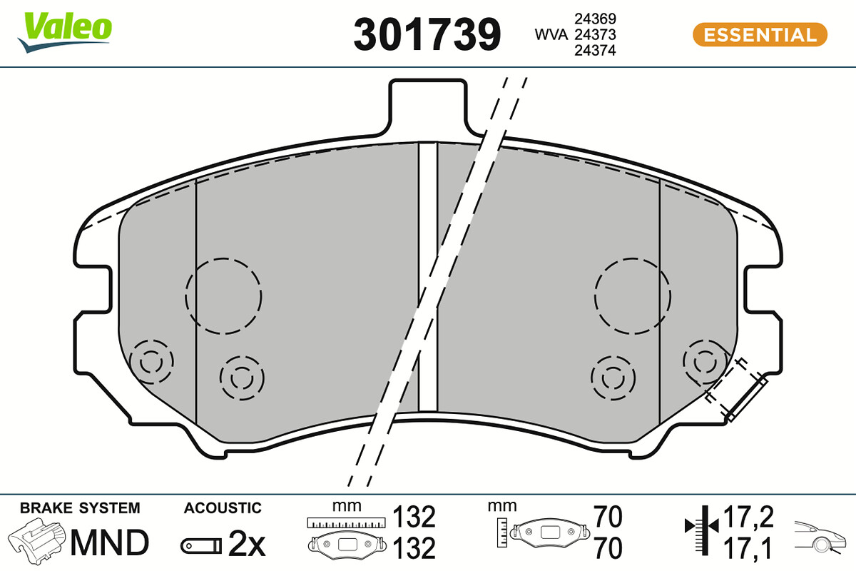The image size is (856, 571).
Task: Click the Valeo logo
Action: [65, 32]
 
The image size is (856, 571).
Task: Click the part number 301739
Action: [427, 34]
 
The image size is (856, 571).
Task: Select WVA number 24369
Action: [595, 19]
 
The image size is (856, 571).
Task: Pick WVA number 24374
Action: [595, 51]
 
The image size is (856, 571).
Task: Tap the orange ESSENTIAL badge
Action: [760, 35]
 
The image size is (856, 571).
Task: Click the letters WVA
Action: [551, 35]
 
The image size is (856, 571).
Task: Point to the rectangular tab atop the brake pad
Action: [428, 107]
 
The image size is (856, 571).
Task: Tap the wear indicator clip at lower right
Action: [736, 391]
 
